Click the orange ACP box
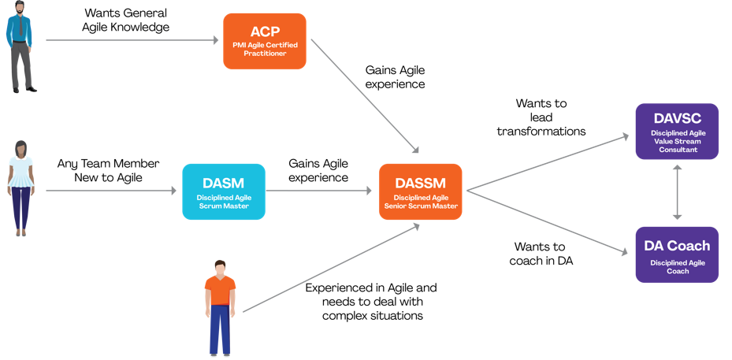(x=264, y=41)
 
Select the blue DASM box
(x=223, y=191)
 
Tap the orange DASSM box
(x=420, y=191)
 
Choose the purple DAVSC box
(x=677, y=132)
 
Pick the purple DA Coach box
(x=677, y=254)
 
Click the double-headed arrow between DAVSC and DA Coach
(x=677, y=193)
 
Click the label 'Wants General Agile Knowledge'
(x=126, y=20)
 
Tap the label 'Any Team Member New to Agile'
(x=108, y=171)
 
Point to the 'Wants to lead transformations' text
(x=541, y=117)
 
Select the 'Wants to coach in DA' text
(x=541, y=254)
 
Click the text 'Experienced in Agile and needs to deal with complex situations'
(x=371, y=302)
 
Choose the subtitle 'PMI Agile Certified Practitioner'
(x=264, y=49)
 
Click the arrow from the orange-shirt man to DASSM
(x=331, y=269)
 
